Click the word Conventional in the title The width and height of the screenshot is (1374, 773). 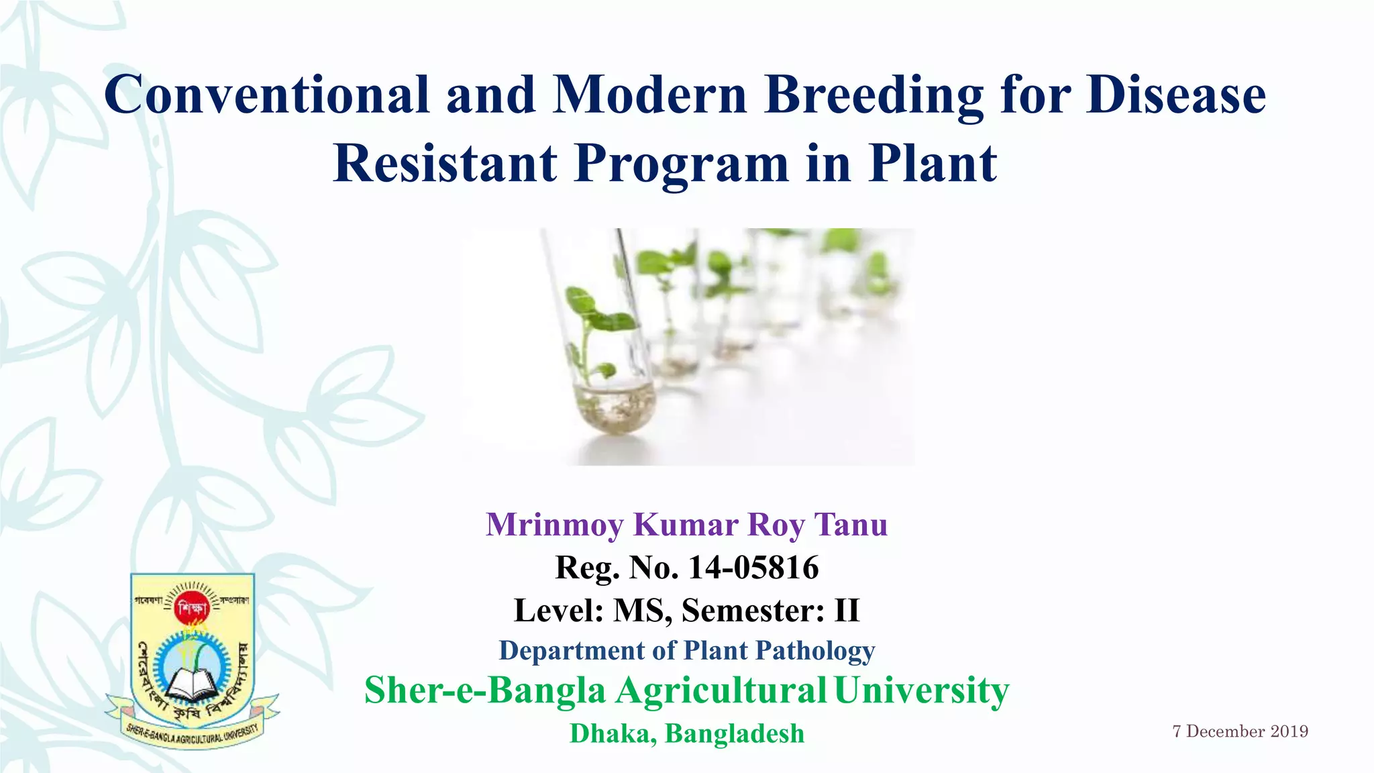[x=266, y=95]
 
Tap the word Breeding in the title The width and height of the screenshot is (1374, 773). [x=874, y=95]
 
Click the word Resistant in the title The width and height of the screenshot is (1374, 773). [x=445, y=163]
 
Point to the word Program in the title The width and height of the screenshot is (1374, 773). [x=681, y=164]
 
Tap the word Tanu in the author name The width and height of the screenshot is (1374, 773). [x=851, y=525]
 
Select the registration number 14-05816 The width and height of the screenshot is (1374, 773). [x=753, y=568]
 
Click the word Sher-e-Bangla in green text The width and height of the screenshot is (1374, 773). [x=484, y=690]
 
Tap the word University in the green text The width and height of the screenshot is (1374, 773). [x=921, y=690]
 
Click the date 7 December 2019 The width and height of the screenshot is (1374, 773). [x=1240, y=731]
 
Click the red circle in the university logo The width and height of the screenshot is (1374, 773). [x=193, y=609]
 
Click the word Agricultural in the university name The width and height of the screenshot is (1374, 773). [x=721, y=690]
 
